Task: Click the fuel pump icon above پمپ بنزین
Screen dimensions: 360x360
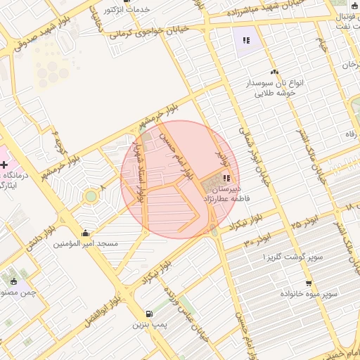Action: click(148, 314)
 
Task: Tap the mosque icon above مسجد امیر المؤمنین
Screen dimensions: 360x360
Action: click(86, 233)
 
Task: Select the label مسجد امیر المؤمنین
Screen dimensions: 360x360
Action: click(88, 243)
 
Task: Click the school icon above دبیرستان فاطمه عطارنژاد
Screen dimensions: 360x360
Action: click(226, 178)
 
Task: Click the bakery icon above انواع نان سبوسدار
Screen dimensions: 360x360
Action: click(275, 72)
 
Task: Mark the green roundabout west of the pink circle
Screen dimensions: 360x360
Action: click(90, 196)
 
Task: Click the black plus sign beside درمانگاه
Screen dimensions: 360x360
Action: click(4, 165)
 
